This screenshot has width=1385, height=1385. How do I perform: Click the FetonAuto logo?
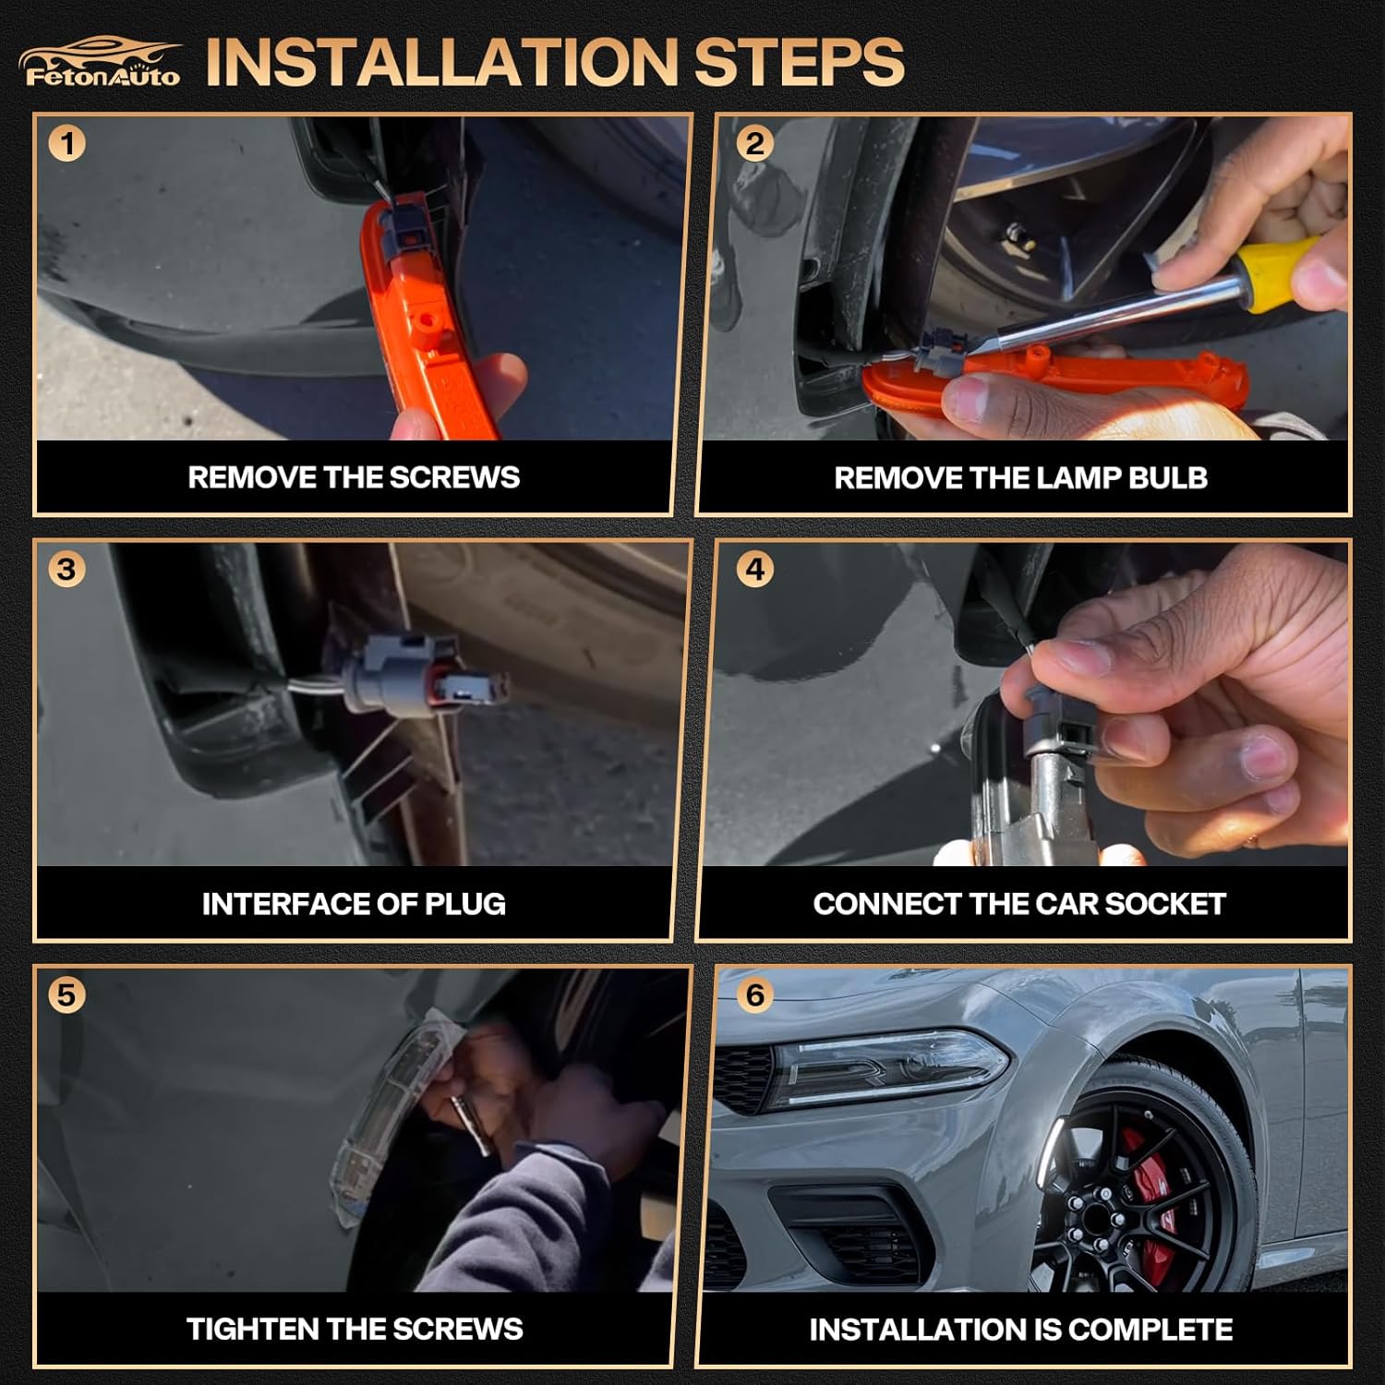pos(100,63)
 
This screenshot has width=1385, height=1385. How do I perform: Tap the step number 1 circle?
pos(67,144)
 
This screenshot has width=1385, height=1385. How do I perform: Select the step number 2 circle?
pos(755,144)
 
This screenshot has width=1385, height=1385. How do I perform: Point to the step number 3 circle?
pos(66,569)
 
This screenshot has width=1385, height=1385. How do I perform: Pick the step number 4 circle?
pos(755,569)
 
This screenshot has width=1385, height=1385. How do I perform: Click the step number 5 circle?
pos(66,994)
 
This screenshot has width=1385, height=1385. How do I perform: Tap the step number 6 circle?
pos(755,994)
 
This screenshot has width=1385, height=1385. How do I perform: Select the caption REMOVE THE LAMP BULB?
pos(1020,477)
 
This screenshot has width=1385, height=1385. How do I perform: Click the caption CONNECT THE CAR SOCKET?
pos(1019,903)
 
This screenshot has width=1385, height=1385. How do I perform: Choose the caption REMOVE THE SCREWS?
pos(354,477)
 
